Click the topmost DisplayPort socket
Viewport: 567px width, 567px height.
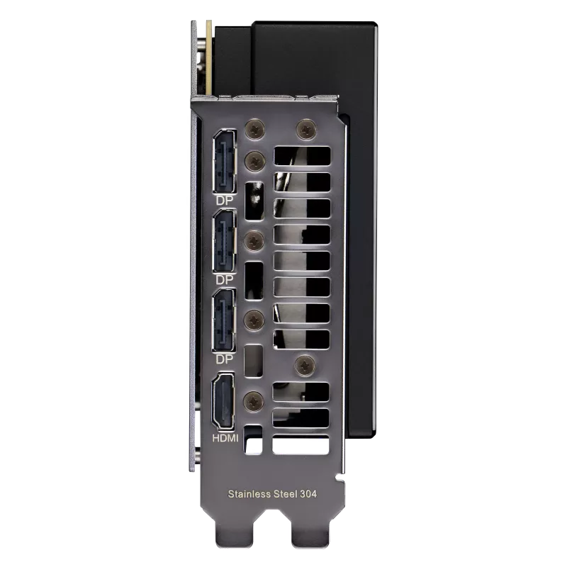[225, 162]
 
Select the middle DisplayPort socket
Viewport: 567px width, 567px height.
[225, 241]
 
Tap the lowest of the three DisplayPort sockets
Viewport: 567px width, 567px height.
[224, 320]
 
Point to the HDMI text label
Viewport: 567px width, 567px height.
[225, 439]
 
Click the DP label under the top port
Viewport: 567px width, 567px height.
[225, 201]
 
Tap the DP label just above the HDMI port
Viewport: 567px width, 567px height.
[225, 359]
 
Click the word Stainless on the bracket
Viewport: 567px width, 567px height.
[249, 494]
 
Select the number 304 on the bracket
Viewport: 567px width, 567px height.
[308, 494]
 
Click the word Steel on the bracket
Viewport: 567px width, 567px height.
[286, 494]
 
